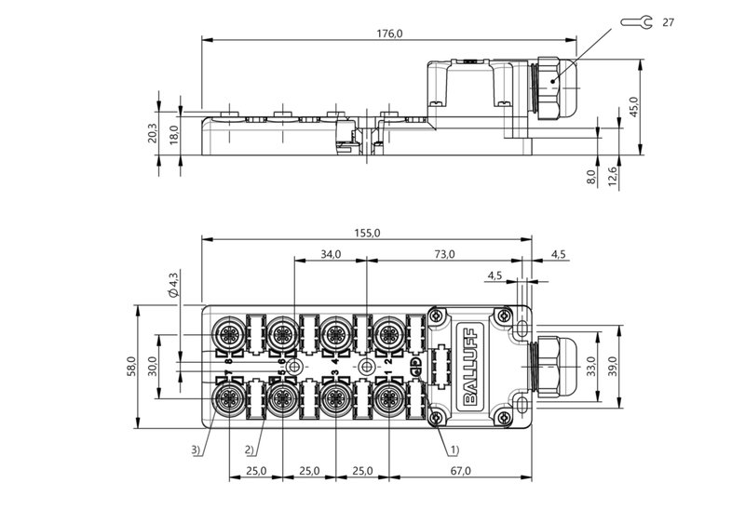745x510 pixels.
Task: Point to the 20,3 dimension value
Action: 153,133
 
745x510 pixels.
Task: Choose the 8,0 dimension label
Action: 590,176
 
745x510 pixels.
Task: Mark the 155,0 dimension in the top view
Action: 367,234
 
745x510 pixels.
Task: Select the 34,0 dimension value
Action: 331,254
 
